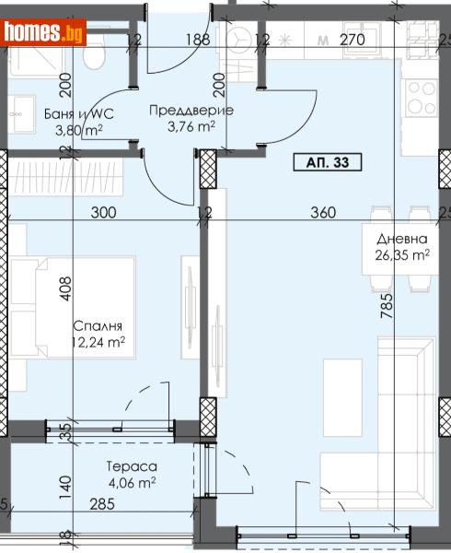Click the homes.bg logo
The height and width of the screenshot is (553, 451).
(x=45, y=33)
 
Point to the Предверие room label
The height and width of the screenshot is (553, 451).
(x=191, y=111)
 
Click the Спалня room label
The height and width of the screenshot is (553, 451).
(x=98, y=326)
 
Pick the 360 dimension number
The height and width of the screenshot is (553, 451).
(x=322, y=213)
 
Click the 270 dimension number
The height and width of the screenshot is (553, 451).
(x=353, y=40)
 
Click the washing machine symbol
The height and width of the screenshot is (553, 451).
(x=244, y=40)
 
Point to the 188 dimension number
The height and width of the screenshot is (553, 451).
(x=196, y=40)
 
